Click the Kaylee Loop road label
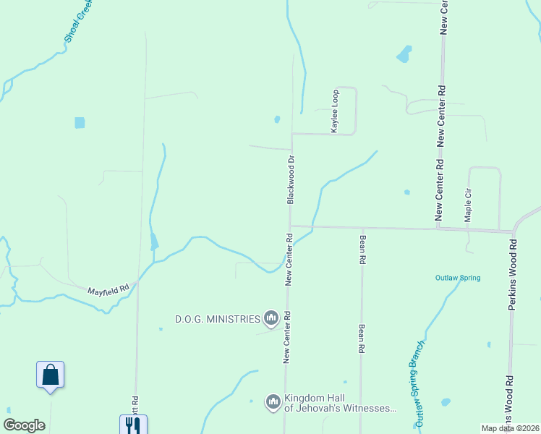tap(335, 111)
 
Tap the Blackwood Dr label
tap(290, 179)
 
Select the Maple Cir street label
tap(468, 206)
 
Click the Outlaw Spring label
tap(457, 278)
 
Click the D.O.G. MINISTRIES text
tap(218, 318)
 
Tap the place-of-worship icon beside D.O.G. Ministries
tap(271, 318)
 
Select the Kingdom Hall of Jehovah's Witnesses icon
tap(273, 401)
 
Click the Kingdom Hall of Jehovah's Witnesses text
tap(340, 404)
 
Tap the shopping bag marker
tap(50, 375)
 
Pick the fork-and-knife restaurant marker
tap(133, 425)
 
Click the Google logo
tap(24, 425)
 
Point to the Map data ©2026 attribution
tap(510, 428)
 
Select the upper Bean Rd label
tap(362, 248)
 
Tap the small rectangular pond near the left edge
tap(80, 123)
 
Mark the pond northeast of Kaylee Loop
tap(404, 54)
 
